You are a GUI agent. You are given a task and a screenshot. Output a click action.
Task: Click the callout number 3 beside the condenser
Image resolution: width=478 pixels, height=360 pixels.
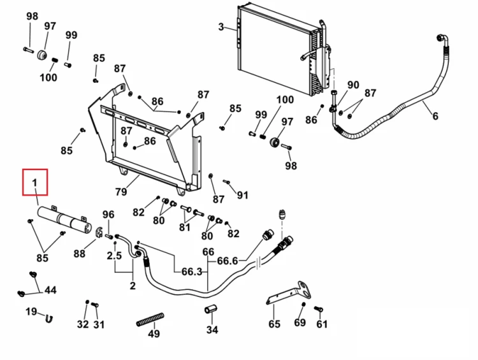coord(221,27)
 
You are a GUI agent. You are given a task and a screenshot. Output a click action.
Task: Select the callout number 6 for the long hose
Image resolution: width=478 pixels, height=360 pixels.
coord(435,116)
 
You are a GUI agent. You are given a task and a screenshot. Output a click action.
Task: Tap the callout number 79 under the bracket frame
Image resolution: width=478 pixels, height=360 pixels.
coord(121,192)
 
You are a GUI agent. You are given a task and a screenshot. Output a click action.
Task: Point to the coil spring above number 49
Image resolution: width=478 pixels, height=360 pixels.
coord(150,319)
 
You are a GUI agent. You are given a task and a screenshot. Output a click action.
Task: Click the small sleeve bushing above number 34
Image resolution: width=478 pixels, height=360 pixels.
coord(210,309)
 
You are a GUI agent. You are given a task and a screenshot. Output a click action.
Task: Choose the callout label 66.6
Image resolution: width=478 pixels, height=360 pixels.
coord(228,261)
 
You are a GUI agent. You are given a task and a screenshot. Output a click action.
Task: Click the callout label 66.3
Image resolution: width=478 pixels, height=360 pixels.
coord(192,271)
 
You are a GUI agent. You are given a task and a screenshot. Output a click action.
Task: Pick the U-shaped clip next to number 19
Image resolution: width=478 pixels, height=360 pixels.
coord(49,319)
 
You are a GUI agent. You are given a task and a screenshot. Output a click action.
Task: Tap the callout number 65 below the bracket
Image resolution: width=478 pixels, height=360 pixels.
coord(274,324)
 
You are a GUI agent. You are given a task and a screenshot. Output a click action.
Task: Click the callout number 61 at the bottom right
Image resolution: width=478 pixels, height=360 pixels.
coord(322,324)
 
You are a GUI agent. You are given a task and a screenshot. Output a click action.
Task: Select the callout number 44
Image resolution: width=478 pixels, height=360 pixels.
coord(50,290)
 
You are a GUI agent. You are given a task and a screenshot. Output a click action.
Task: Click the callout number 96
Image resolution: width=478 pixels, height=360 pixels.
coord(108,215)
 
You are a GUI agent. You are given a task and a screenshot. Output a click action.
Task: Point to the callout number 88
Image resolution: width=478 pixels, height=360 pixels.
coord(79,254)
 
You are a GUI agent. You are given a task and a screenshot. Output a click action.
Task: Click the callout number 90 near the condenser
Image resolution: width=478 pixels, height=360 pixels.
coord(353,85)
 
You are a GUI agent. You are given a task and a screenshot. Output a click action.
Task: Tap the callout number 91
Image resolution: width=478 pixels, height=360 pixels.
coord(242,195)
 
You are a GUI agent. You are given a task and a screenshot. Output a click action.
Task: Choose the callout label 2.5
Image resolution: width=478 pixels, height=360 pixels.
coord(114,256)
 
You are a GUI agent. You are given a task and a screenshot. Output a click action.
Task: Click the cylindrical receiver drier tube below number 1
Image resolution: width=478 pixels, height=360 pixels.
coord(64,219)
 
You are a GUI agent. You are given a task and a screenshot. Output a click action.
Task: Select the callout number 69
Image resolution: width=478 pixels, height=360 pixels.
coord(300,322)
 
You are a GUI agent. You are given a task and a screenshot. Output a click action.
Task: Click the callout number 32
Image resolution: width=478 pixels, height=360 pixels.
coord(83,324)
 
